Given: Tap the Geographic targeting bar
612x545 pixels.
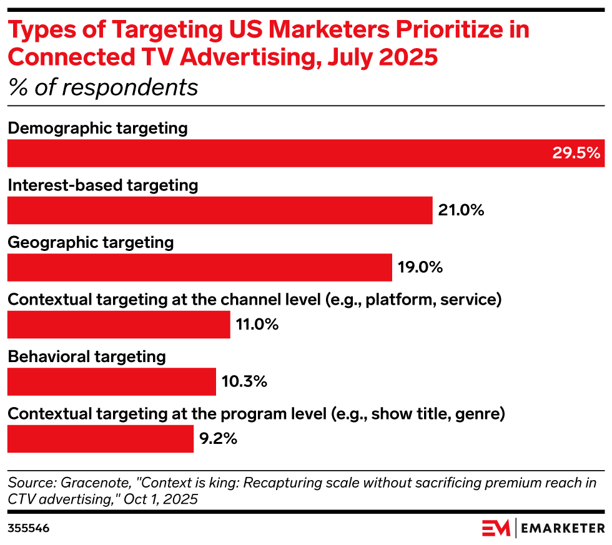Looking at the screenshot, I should [x=199, y=267].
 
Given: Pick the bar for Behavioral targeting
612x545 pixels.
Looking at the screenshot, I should [x=111, y=381].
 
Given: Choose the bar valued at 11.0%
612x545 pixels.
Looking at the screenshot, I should [x=119, y=325].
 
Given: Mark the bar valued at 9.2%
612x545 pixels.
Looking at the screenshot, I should [x=101, y=439].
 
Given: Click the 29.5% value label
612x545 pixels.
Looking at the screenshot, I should [x=576, y=153].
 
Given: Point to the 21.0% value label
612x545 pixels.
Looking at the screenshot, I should [x=461, y=210].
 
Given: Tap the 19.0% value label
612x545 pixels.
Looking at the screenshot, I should [x=420, y=267].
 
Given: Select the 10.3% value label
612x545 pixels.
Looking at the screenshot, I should [x=244, y=381].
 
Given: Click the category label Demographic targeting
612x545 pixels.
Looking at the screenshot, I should [x=97, y=129].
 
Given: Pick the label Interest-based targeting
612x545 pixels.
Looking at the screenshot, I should [x=102, y=185].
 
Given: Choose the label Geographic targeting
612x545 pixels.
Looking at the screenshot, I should [x=91, y=242].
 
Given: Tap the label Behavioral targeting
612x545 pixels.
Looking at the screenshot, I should [x=87, y=356].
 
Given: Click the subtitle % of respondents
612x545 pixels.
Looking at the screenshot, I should [x=103, y=88].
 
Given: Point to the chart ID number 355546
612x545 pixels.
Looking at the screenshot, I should [x=28, y=528].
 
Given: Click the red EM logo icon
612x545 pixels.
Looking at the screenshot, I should [x=495, y=528].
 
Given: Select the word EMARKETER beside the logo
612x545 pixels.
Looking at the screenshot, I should [x=563, y=528].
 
